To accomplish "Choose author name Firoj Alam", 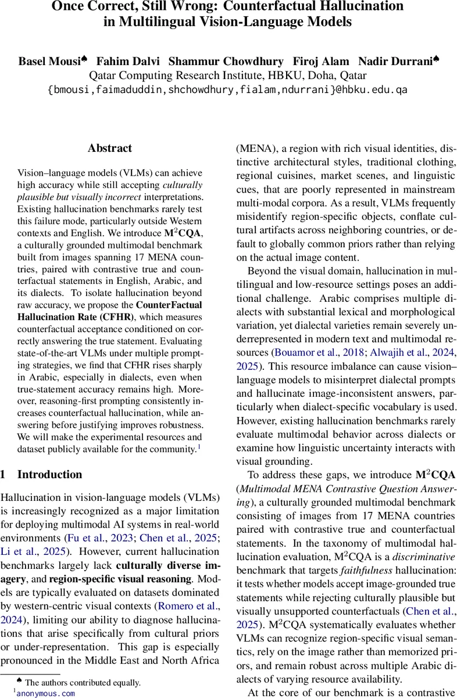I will tap(322, 61).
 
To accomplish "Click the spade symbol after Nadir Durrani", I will tap(436, 59).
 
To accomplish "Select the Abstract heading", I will tap(110, 148).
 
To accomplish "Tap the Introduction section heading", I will tap(49, 474).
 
